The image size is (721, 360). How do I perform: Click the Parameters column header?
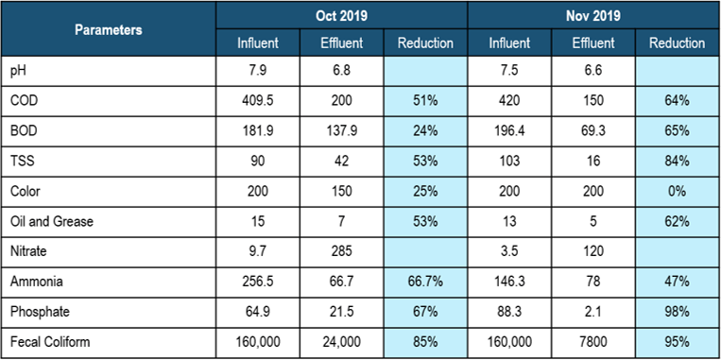coord(109,30)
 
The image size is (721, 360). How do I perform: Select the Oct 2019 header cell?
coord(342,16)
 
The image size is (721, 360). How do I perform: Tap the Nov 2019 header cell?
coord(593,16)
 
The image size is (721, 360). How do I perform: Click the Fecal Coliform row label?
coord(50,342)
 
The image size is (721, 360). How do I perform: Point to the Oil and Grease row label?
coord(51,222)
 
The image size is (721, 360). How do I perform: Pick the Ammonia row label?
coord(36,282)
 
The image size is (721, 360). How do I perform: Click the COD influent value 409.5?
coord(258,101)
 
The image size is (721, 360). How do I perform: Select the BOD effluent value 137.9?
coord(342,131)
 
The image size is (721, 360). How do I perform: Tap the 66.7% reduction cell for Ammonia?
coord(425,282)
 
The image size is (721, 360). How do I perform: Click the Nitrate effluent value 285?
coord(342,251)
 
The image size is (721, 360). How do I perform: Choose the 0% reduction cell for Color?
coord(677,191)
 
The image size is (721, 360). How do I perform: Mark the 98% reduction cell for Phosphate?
coord(677,312)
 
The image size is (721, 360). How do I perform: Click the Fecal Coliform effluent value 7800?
coord(593,342)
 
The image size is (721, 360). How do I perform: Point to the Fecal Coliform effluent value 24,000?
coord(342,342)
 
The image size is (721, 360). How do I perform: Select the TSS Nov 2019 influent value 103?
coord(509,162)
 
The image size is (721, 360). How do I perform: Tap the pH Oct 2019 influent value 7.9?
coord(258,71)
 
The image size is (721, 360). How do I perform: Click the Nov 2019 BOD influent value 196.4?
coord(509,131)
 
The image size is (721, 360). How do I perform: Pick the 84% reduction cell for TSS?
coord(677,162)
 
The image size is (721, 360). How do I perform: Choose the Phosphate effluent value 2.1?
coord(593,312)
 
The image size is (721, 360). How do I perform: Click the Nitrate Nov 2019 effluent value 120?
coord(593,251)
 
